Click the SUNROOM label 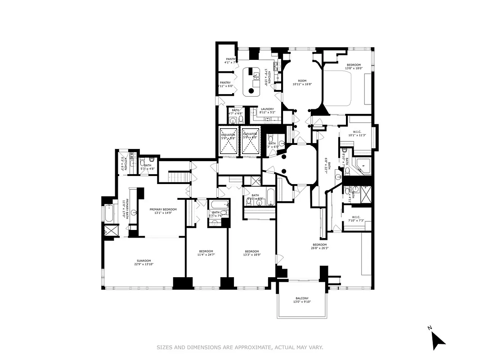point(144,261)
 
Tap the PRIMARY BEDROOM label point(163,209)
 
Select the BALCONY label point(302,298)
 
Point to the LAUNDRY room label point(267,109)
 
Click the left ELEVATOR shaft point(228,141)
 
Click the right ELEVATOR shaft point(250,141)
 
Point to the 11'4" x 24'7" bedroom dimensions point(206,255)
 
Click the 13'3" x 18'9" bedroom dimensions point(252,255)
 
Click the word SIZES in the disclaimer point(165,347)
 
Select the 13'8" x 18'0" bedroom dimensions point(354,68)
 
